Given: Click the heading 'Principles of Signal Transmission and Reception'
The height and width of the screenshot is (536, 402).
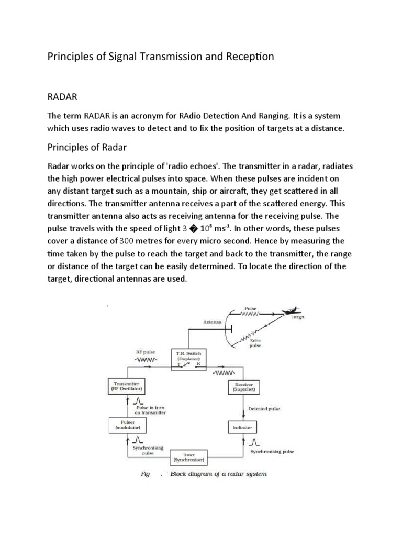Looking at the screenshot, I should point(161,57).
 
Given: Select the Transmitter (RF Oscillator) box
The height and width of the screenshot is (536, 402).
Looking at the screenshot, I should point(127,387).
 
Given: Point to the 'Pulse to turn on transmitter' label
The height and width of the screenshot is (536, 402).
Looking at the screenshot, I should point(151,410).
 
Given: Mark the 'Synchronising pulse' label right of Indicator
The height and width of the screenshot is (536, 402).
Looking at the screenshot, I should point(272,451).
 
